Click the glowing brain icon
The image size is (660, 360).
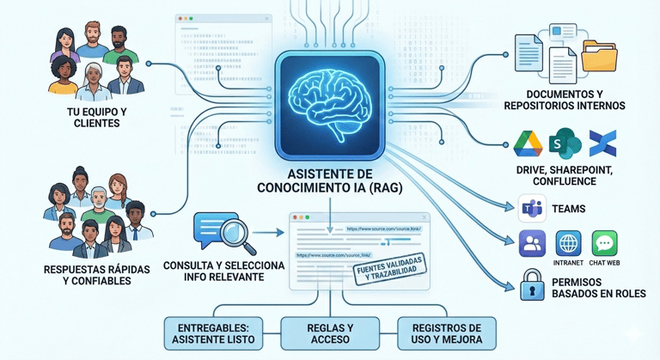click(330, 96)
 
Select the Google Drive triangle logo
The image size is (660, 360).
click(528, 143)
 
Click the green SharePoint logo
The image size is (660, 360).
click(565, 143)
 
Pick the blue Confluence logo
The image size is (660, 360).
click(602, 143)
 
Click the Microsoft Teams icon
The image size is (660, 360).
click(532, 209)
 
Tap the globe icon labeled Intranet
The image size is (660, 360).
click(568, 243)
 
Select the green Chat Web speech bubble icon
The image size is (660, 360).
click(604, 243)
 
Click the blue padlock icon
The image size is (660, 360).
click(532, 284)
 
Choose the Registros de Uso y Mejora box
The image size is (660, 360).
click(446, 333)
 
